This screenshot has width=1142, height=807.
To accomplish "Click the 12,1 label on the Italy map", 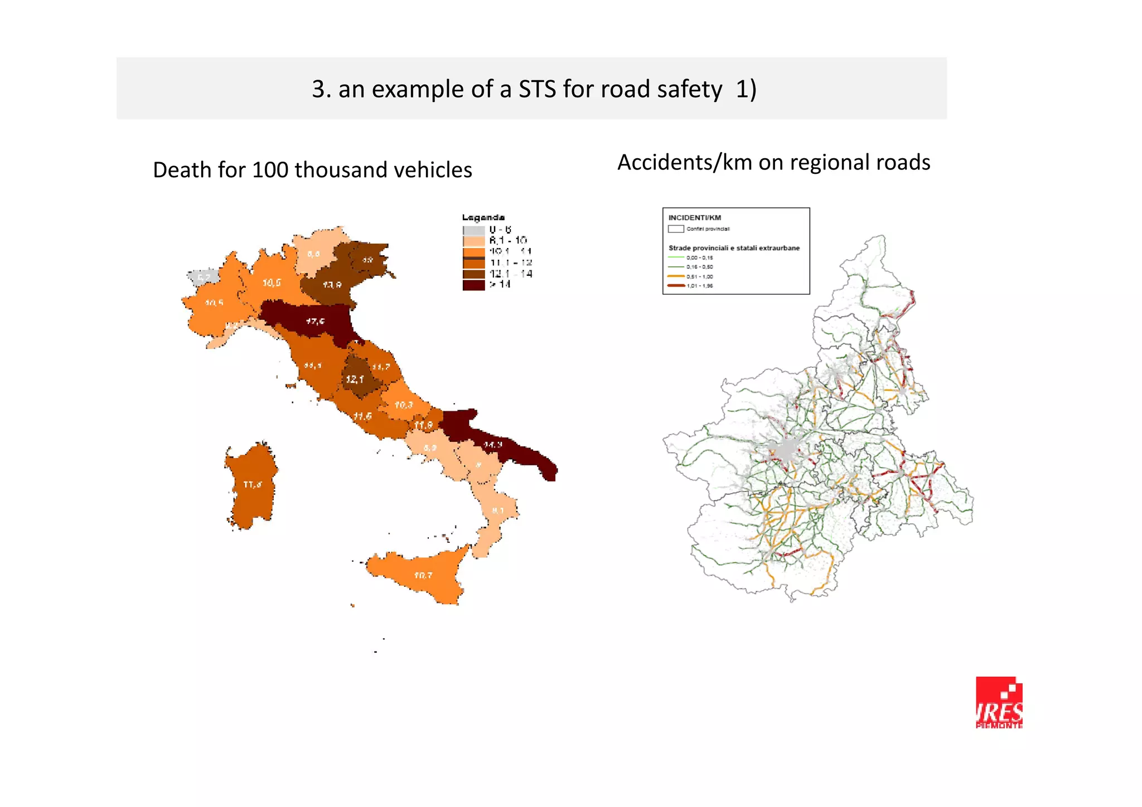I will (x=355, y=380).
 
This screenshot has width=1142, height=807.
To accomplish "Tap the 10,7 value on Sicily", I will (x=423, y=575).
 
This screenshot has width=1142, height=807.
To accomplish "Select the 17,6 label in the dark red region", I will (x=316, y=322).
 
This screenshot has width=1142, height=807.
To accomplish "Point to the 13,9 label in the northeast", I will (x=332, y=285).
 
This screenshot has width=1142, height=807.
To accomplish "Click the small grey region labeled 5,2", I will (x=204, y=277).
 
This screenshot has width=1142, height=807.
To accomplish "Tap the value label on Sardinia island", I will (x=253, y=485).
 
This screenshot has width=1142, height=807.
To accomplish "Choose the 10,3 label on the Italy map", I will (x=404, y=405).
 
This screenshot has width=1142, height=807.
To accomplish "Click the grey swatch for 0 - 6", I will (x=473, y=230).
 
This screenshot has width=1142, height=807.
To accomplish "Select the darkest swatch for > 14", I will (x=473, y=285).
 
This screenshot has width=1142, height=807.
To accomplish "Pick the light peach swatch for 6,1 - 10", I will (x=473, y=241).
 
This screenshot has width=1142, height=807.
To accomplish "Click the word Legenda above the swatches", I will (x=483, y=217).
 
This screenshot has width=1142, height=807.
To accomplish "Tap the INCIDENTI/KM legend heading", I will (x=694, y=218).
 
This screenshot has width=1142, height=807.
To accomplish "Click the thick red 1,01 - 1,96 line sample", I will (x=676, y=285).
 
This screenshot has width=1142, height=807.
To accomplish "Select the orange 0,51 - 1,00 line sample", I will (x=676, y=276).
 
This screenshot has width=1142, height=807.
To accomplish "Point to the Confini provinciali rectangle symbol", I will (x=676, y=229).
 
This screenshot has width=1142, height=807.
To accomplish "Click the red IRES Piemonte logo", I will (x=999, y=702).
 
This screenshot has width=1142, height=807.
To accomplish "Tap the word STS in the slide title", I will (x=538, y=89).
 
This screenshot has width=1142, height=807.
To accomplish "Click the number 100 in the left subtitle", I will (x=270, y=170).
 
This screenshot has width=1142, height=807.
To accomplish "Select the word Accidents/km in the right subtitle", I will (x=685, y=163).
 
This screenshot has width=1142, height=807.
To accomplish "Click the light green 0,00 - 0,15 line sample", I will (x=676, y=257).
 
